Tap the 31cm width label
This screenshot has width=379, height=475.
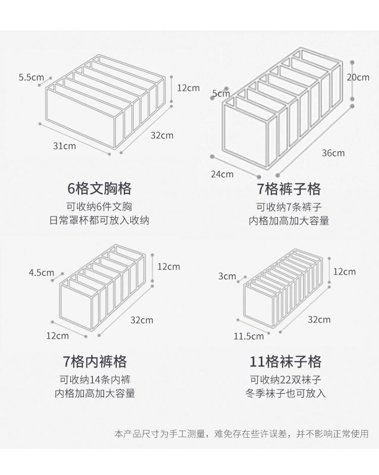tap(65, 145)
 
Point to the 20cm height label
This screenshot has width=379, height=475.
tap(358, 77)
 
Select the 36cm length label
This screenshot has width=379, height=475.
tap(333, 153)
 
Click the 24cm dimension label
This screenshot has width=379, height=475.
tap(223, 174)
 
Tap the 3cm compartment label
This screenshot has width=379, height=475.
tap(228, 276)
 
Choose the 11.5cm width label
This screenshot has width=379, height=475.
tap(248, 336)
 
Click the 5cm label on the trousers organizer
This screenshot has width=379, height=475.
tap(220, 93)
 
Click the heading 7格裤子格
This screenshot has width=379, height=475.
tap(289, 189)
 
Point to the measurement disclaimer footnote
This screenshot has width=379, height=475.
tap(241, 435)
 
